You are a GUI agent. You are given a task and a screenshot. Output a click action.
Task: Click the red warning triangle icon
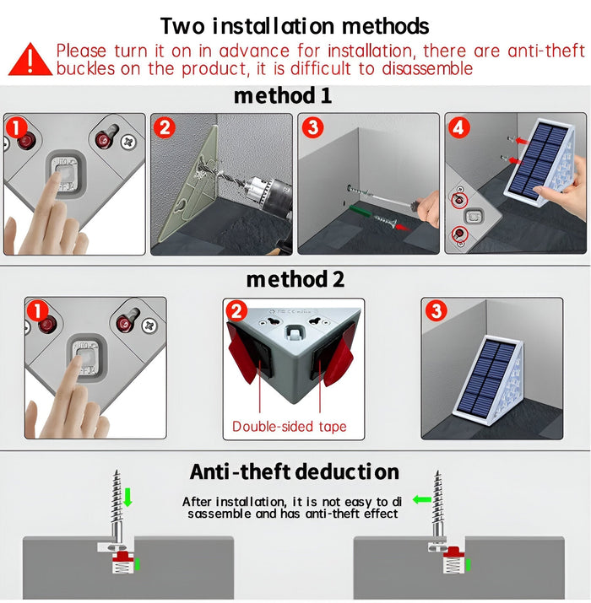pos(30,58)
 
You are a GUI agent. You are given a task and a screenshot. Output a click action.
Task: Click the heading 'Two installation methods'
pos(295,26)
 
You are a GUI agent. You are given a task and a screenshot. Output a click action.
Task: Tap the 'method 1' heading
pos(283,96)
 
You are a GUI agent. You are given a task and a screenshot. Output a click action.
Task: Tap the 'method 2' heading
pos(295,278)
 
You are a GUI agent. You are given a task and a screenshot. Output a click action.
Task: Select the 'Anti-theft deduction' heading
pos(294,471)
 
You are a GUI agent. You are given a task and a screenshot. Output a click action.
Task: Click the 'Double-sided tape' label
pos(290,426)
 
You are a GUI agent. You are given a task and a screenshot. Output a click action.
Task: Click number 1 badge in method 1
pos(18,127)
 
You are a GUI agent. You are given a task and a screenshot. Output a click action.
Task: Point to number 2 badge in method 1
pos(165,128)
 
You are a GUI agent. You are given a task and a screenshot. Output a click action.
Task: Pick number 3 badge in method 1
pos(313,128)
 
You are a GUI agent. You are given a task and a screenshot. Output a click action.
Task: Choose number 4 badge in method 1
pos(458,128)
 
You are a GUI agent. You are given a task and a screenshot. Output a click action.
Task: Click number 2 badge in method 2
pos(237,311)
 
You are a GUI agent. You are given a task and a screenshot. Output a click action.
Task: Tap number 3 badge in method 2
pos(436,311)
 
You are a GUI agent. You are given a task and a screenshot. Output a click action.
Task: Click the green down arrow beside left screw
pos(128,499)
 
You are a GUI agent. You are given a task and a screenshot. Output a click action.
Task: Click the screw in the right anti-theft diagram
pos(437,506)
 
